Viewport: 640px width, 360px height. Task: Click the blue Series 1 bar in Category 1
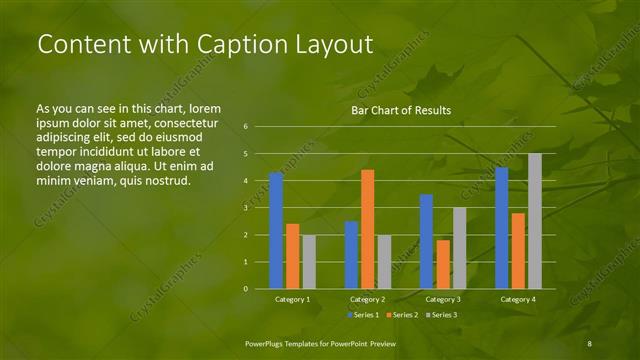click(x=276, y=231)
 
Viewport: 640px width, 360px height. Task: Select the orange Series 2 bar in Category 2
click(x=367, y=229)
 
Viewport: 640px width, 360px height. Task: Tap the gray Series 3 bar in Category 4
click(x=535, y=221)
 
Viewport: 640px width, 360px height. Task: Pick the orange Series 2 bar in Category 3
click(x=443, y=264)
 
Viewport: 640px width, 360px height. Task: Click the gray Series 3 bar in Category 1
click(x=309, y=262)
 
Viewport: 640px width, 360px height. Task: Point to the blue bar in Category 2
click(x=351, y=255)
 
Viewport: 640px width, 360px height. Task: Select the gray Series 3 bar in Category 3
click(x=459, y=248)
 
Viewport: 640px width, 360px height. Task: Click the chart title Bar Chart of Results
click(x=400, y=110)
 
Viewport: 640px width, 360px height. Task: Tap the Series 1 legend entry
click(x=364, y=315)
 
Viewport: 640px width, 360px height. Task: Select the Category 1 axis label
click(x=292, y=299)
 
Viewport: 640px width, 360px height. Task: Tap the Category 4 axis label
click(x=517, y=299)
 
